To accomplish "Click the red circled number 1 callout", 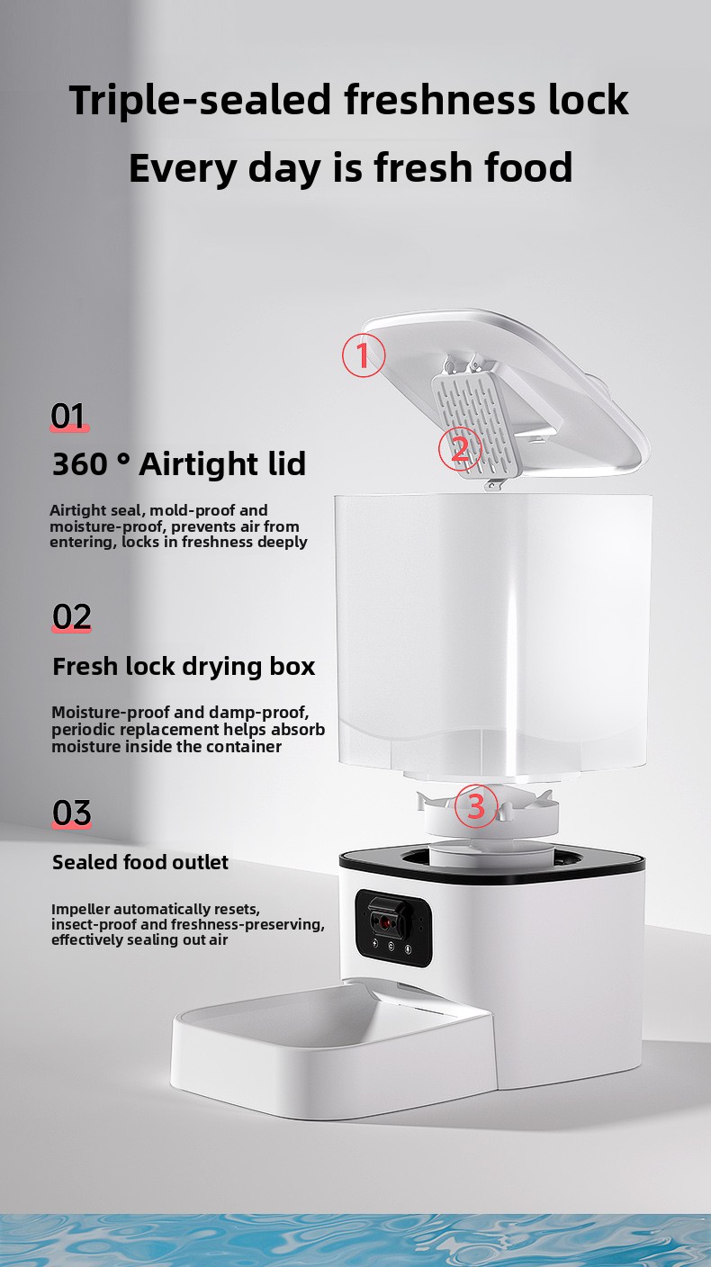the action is tap(363, 355).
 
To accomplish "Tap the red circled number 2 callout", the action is tap(459, 448).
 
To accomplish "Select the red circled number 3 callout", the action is tap(476, 806).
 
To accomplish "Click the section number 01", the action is tap(69, 416).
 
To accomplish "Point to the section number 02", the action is tap(71, 616).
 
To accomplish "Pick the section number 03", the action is tap(71, 813).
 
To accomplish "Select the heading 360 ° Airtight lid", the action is tap(179, 463).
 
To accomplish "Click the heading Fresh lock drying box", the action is tap(184, 667).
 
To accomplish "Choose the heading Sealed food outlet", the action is tap(140, 862).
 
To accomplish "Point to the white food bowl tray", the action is tap(334, 1053).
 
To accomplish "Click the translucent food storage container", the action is tap(493, 636).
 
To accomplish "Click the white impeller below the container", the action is tap(488, 813).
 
